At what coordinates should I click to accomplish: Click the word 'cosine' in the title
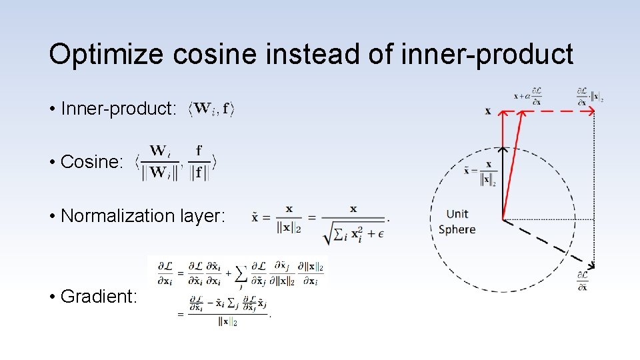(213, 55)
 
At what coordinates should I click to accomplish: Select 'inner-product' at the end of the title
(487, 55)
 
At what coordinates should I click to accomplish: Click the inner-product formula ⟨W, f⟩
(211, 109)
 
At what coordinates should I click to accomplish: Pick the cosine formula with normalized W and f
(177, 162)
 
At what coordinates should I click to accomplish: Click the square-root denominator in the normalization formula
(353, 231)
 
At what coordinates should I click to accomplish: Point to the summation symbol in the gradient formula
(241, 273)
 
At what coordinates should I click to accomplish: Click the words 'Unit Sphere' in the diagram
(457, 221)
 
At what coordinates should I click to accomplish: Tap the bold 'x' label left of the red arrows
(488, 111)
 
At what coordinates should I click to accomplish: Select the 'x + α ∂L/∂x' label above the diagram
(528, 96)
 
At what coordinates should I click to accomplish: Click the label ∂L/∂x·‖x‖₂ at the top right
(589, 96)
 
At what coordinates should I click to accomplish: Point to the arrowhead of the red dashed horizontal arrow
(591, 111)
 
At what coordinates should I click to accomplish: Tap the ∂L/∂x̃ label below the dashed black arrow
(583, 281)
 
